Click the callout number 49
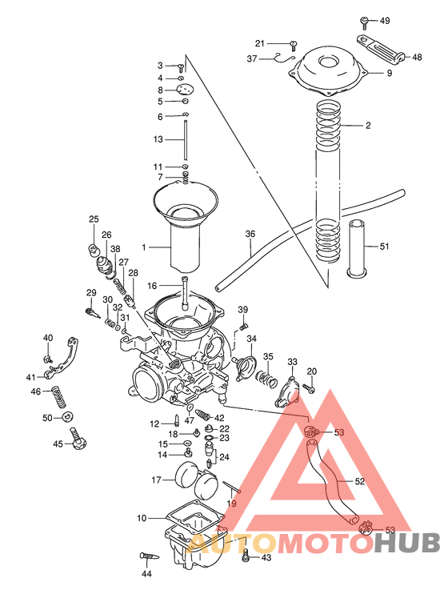385,20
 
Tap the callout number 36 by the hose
250,235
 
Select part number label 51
385,247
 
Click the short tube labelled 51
356,249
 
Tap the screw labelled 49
365,19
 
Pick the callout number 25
94,219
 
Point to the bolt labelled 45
78,439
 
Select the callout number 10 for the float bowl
141,518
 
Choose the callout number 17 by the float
158,480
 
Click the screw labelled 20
312,387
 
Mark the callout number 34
251,339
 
